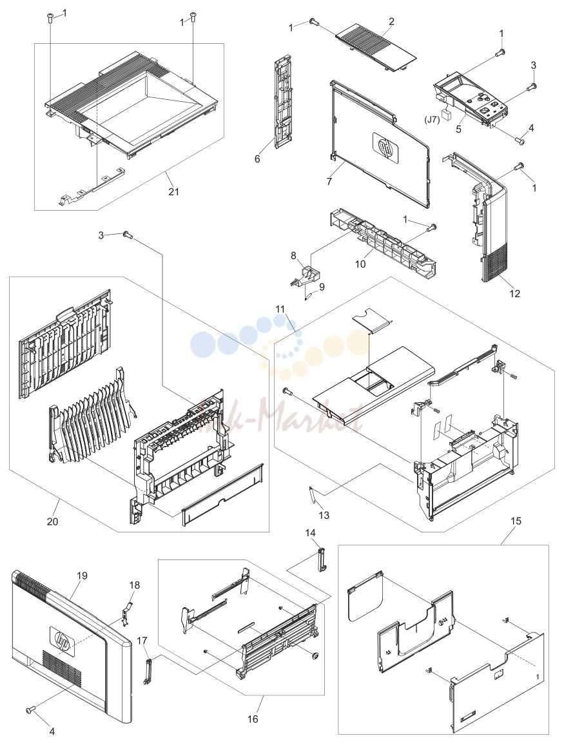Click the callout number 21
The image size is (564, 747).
click(174, 191)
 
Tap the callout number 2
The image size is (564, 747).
click(391, 21)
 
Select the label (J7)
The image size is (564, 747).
click(432, 119)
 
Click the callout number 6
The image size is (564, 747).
click(257, 159)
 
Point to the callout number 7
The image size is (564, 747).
click(329, 182)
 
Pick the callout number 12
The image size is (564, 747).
click(515, 293)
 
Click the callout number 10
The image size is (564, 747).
click(360, 264)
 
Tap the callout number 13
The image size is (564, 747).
click(324, 515)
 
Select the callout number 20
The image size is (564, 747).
click(52, 521)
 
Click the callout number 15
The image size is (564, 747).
click(516, 521)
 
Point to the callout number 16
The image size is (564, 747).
click(253, 719)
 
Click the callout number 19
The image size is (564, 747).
click(82, 576)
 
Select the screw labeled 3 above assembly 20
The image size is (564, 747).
click(127, 234)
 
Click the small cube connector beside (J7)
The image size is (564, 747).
click(446, 113)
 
